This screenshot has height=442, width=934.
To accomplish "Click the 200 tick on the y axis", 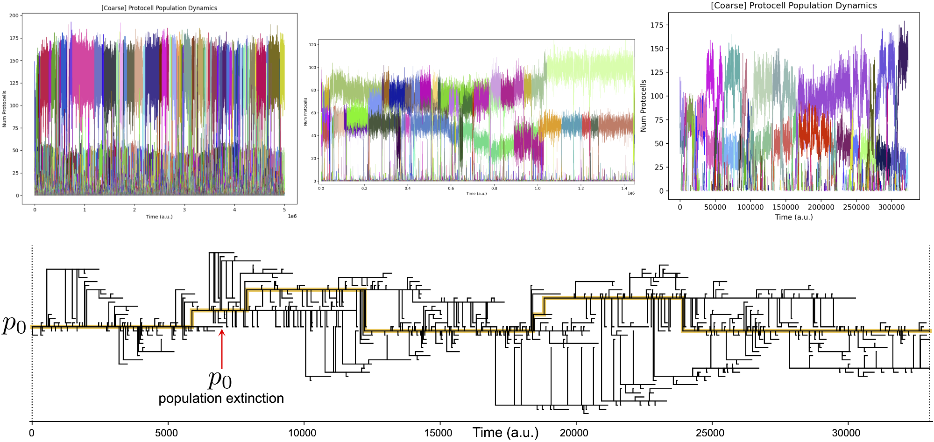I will coord(14,15).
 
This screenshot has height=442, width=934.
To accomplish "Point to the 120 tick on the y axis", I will coord(312,45).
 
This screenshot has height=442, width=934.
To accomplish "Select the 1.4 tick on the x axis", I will coord(624,189).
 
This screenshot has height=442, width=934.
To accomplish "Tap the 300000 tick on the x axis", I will coord(891,207).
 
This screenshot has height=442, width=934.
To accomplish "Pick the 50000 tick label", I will coord(715,207).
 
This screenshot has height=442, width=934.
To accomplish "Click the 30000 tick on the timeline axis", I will coord(846,433).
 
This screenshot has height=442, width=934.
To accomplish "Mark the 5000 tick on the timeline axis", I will coord(166,433).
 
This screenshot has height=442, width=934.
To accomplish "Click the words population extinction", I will coord(221,399).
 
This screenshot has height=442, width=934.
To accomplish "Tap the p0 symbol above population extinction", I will coord(220,379).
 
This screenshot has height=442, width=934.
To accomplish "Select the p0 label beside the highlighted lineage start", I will coord(14,325).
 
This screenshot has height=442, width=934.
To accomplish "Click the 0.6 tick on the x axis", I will coord(451,189).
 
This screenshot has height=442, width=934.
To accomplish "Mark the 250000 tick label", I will coord(856,207).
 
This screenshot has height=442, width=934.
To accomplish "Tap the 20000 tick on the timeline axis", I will coord(574,433).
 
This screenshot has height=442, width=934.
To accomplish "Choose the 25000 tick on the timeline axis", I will coord(710,433).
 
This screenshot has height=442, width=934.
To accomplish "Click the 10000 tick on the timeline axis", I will coord(302,433).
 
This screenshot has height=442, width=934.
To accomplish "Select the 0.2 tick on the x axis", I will coord(364,189).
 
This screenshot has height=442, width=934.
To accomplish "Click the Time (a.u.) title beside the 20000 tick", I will coord(505,433).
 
